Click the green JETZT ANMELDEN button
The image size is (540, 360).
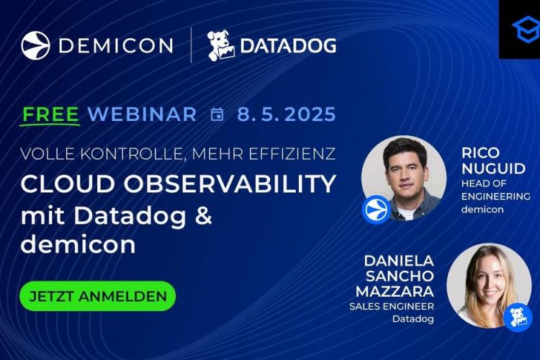click(97, 296)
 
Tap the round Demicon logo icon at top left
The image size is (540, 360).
click(35, 45)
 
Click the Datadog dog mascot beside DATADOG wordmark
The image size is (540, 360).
click(221, 46)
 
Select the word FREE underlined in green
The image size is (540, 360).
click(50, 114)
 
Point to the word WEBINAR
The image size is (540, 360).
click(142, 114)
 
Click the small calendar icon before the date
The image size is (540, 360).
click(217, 114)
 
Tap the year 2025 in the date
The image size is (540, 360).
click(310, 114)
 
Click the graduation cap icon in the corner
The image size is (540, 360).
click(526, 29)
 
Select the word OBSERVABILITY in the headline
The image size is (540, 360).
click(230, 184)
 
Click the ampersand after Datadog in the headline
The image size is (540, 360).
click(203, 215)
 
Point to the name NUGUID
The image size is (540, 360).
click(493, 168)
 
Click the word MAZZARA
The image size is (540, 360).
click(395, 292)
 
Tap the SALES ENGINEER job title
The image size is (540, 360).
click(392, 306)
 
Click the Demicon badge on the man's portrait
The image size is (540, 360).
click(376, 209)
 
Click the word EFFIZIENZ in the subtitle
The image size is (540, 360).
click(292, 153)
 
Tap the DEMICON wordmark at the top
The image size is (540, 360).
click(116, 45)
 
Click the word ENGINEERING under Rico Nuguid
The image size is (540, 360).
click(495, 197)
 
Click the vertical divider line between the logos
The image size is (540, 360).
click(191, 45)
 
